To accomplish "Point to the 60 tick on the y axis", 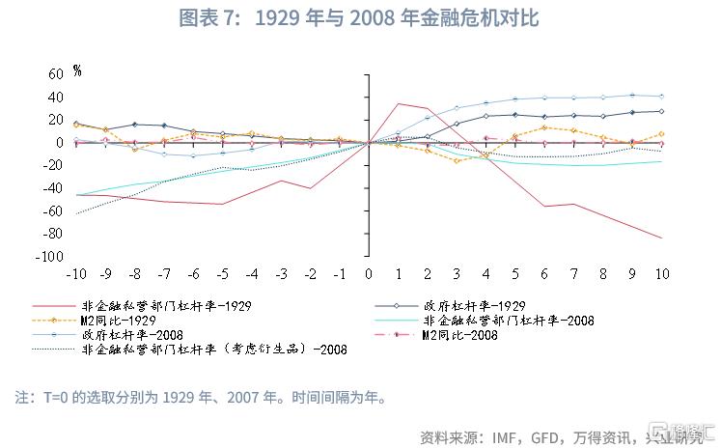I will [x=55, y=73].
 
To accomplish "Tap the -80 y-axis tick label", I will [x=52, y=234].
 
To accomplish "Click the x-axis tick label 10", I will [x=662, y=275].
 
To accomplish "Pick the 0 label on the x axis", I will [x=368, y=275].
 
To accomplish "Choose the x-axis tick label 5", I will [x=515, y=275].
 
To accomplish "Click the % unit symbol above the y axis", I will [x=77, y=70].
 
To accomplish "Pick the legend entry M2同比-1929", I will [x=122, y=320].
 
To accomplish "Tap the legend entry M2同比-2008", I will [x=459, y=335].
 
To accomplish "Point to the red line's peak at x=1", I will [x=398, y=103].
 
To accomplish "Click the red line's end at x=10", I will [x=662, y=238].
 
